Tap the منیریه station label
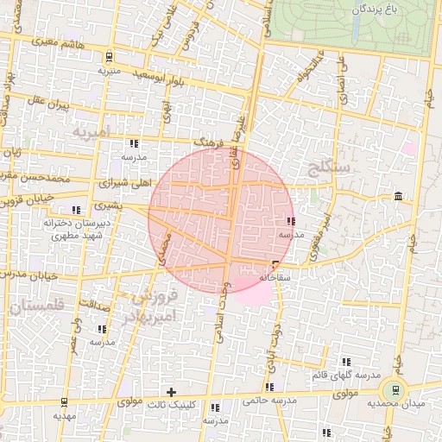coord(109,70)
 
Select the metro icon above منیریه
coord(108,57)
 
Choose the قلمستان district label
coord(38,306)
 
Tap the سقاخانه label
coord(275,277)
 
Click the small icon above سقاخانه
coord(275,264)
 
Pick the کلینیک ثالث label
coord(173,403)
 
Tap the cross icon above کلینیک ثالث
coord(171,392)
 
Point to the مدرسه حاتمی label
coord(269,400)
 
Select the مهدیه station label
coord(65,415)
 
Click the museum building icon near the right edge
coord(396,198)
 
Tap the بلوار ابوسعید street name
coord(160,78)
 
